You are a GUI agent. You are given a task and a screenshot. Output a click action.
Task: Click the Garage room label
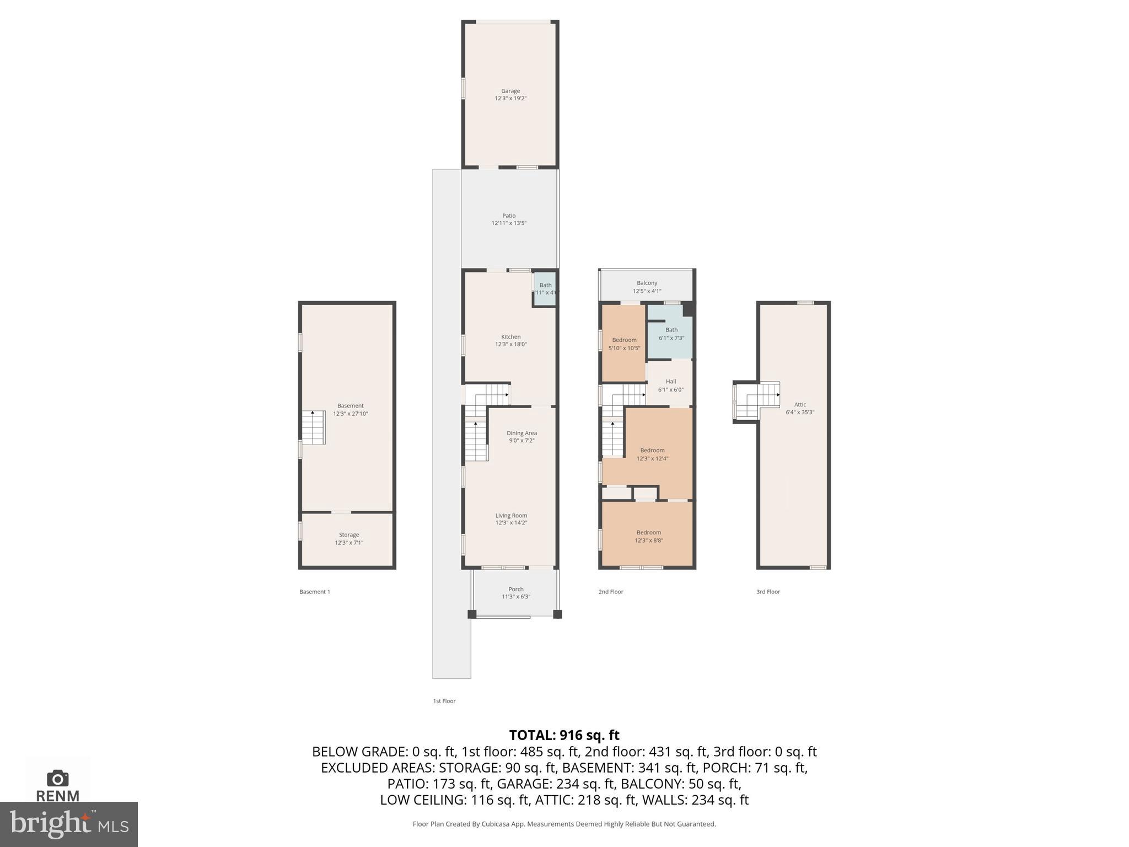510,91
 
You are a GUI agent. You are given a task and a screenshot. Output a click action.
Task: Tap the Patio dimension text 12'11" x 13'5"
509,223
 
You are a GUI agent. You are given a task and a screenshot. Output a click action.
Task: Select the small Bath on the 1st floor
545,290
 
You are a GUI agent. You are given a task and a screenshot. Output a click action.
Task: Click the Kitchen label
510,337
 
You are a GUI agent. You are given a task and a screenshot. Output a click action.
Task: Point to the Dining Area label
522,433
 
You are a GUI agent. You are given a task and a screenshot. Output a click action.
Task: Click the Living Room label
511,516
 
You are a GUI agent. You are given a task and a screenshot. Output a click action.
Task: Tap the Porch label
515,589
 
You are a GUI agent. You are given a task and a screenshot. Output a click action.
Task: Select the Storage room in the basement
348,539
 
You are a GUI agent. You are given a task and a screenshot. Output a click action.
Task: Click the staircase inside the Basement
314,428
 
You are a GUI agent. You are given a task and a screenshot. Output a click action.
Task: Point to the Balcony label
647,283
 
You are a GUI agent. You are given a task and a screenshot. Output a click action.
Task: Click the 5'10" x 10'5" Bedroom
624,344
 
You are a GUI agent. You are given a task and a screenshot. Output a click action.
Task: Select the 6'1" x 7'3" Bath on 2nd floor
671,334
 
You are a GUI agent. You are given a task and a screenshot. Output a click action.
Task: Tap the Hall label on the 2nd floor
670,382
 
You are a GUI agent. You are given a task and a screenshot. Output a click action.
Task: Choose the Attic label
800,405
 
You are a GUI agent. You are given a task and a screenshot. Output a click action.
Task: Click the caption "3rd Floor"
768,592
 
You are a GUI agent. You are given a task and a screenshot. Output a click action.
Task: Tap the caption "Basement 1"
314,592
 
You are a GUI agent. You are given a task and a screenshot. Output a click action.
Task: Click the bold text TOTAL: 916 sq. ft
564,735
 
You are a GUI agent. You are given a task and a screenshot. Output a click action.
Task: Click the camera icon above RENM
57,778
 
